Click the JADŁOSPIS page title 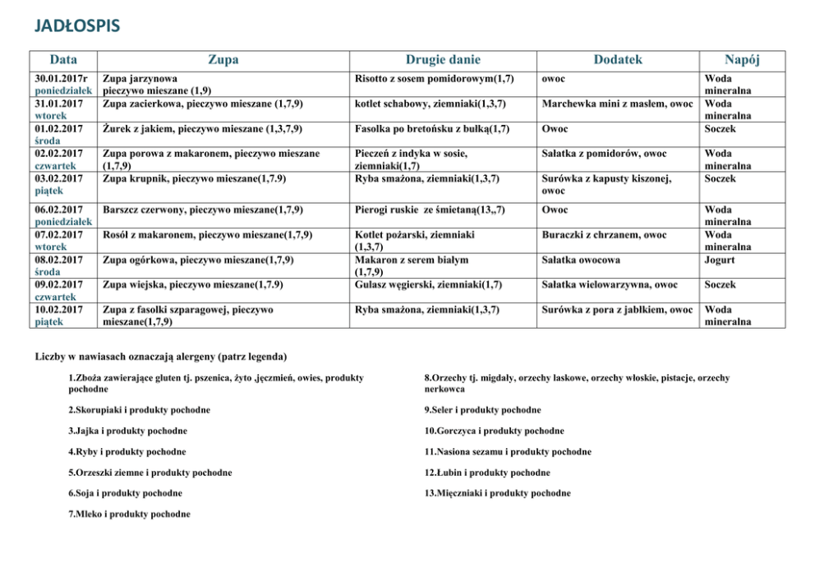click(77, 26)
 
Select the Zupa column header click(223, 60)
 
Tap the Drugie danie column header click(443, 60)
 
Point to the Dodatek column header click(618, 60)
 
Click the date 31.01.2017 click(58, 104)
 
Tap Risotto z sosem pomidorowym click(435, 79)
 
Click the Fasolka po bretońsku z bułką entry click(432, 129)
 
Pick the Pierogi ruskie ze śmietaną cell click(430, 210)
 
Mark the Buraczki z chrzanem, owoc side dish click(604, 235)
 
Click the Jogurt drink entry click(720, 260)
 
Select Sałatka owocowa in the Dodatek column click(580, 260)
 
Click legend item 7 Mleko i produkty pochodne click(129, 514)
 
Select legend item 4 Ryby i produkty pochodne click(127, 451)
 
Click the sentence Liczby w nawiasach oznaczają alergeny click(161, 357)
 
